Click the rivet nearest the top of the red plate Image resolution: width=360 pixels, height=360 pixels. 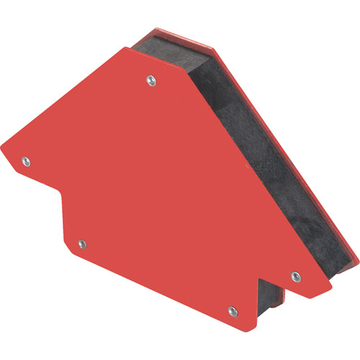pos(150,79)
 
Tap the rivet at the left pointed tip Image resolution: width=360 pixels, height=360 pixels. pos(26,160)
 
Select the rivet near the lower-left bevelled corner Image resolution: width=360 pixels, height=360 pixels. pos(81,244)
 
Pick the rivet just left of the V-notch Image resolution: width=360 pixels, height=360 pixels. pos(232,311)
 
